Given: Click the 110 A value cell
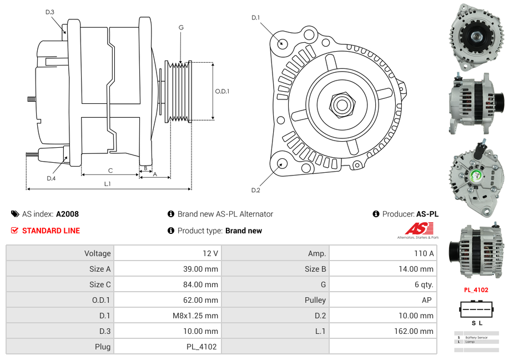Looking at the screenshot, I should click(x=424, y=253).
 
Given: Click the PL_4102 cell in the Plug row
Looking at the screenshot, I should click(x=201, y=347).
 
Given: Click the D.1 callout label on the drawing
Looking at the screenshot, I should click(x=255, y=18).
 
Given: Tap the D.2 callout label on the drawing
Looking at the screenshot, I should click(x=255, y=191).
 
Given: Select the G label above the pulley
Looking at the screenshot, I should click(x=181, y=27).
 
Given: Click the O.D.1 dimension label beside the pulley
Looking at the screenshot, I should click(x=222, y=91).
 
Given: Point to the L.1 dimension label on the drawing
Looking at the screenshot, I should click(x=108, y=184).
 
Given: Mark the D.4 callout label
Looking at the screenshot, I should click(x=51, y=178).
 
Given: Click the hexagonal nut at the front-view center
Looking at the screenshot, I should click(x=341, y=103).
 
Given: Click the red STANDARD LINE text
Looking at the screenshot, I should click(x=51, y=231).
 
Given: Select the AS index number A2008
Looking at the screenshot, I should click(x=67, y=214).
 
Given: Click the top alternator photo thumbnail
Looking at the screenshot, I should click(x=476, y=37).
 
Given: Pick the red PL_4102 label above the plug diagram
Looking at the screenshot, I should click(x=476, y=290).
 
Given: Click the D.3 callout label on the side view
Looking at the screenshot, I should click(x=50, y=12).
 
